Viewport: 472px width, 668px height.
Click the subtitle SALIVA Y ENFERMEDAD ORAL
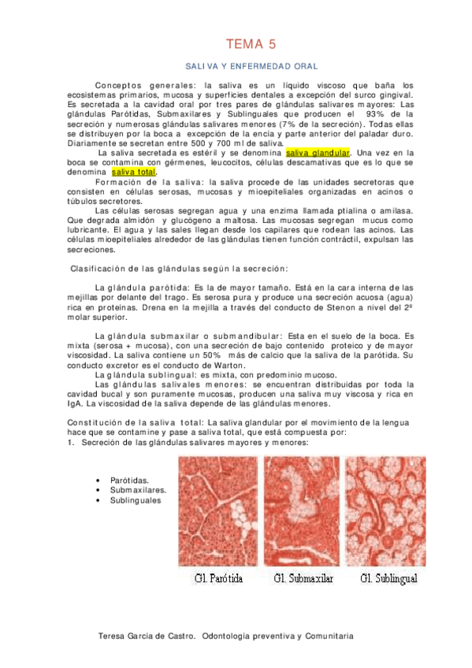click(251, 67)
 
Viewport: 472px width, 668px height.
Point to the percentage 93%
click(368, 113)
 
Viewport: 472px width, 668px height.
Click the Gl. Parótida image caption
click(219, 579)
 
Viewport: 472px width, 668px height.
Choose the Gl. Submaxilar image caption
click(303, 579)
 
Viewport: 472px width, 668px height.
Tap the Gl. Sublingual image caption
click(389, 579)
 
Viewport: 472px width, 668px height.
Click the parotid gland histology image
click(217, 511)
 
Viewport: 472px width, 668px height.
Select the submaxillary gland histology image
click(302, 511)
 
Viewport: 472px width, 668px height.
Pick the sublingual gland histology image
click(387, 511)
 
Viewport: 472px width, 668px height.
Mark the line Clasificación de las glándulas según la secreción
click(180, 268)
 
